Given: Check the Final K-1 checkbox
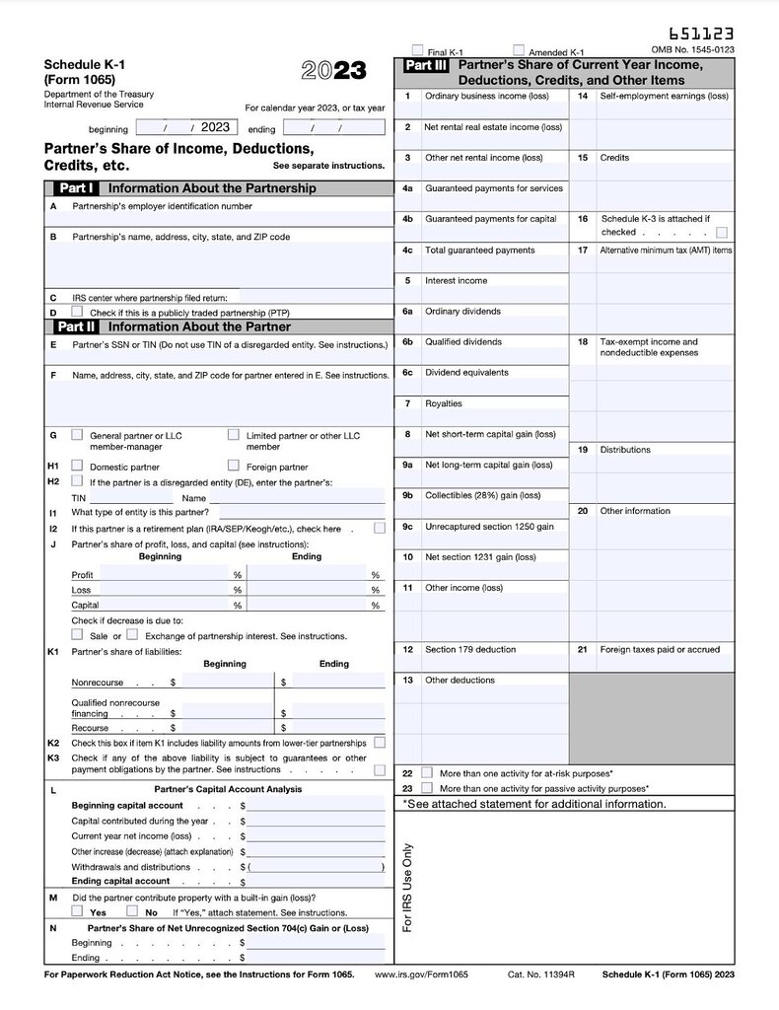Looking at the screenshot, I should pos(418,49).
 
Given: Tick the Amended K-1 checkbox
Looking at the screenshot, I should pos(519,49).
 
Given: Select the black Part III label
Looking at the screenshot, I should pos(426,66).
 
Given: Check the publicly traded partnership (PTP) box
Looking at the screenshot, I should pos(78,312).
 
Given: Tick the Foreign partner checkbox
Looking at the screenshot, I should pos(234,465).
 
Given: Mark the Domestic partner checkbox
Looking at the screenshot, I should pos(78,465).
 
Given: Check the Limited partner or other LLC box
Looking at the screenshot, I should pos(234,434).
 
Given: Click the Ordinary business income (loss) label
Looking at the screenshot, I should pos(486,97).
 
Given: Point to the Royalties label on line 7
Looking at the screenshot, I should pos(443,403).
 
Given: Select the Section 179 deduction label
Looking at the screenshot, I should pos(470,649).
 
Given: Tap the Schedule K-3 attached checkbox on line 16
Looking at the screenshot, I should pos(722,233).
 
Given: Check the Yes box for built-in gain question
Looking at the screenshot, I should pos(78,911).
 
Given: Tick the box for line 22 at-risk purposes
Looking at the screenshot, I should pos(426,773).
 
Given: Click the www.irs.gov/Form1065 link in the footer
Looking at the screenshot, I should pos(421,974).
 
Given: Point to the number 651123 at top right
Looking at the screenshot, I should pos(701,35).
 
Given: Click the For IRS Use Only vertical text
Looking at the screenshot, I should pos(408,888).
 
